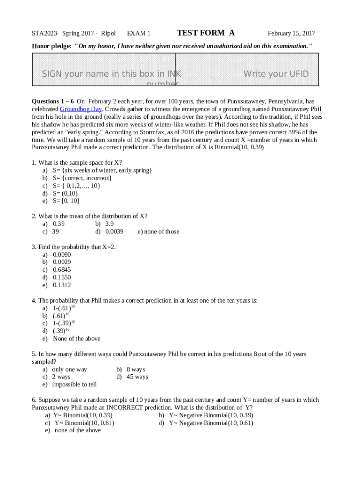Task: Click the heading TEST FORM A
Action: pos(206,33)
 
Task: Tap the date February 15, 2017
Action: pos(291,33)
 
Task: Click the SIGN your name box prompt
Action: pos(111,74)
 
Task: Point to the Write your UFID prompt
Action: pos(276,74)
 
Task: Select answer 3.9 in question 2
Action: pos(109,224)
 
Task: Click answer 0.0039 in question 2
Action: pos(114,232)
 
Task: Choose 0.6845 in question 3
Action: pos(62,270)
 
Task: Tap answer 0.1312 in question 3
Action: pos(62,285)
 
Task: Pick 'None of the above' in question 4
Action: pos(76,339)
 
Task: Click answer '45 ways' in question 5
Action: pos(137,377)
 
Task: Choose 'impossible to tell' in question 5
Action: pos(74,385)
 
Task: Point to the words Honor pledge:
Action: pos(51,45)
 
